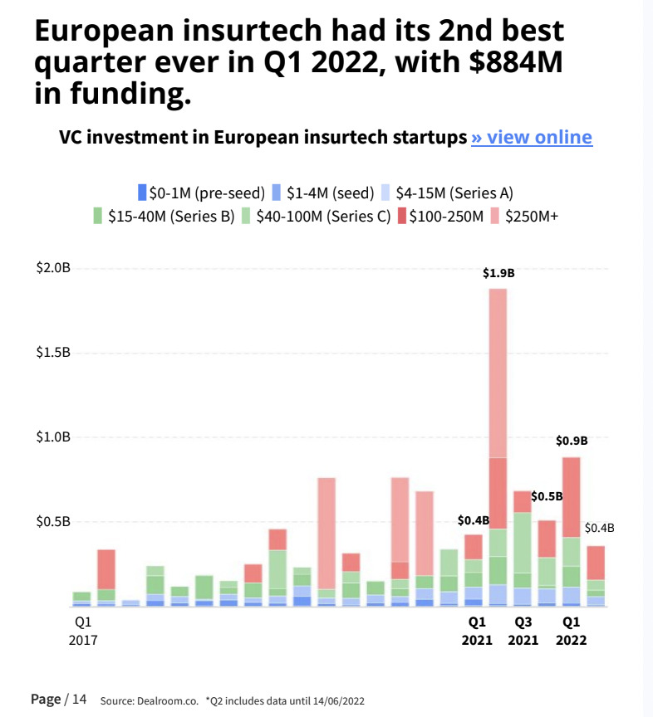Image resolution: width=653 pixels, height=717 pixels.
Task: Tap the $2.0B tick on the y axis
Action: click(53, 268)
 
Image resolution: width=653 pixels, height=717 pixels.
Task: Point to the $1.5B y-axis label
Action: click(53, 353)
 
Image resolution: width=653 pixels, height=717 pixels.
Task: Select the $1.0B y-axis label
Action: click(53, 437)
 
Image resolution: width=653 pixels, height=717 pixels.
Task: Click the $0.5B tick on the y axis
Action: click(53, 522)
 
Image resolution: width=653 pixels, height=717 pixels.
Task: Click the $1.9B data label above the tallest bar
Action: click(498, 272)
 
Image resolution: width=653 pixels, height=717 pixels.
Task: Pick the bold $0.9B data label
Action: click(572, 441)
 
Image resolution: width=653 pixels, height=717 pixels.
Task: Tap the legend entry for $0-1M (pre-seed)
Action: click(201, 193)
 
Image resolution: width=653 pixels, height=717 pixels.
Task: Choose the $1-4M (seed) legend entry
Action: click(324, 193)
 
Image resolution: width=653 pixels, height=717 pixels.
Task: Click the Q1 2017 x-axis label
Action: click(81, 631)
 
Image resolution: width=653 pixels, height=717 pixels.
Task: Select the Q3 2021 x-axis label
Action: click(523, 631)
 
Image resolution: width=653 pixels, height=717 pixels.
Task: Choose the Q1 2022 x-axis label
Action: click(572, 631)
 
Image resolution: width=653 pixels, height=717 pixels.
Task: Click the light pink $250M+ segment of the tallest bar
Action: click(498, 373)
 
